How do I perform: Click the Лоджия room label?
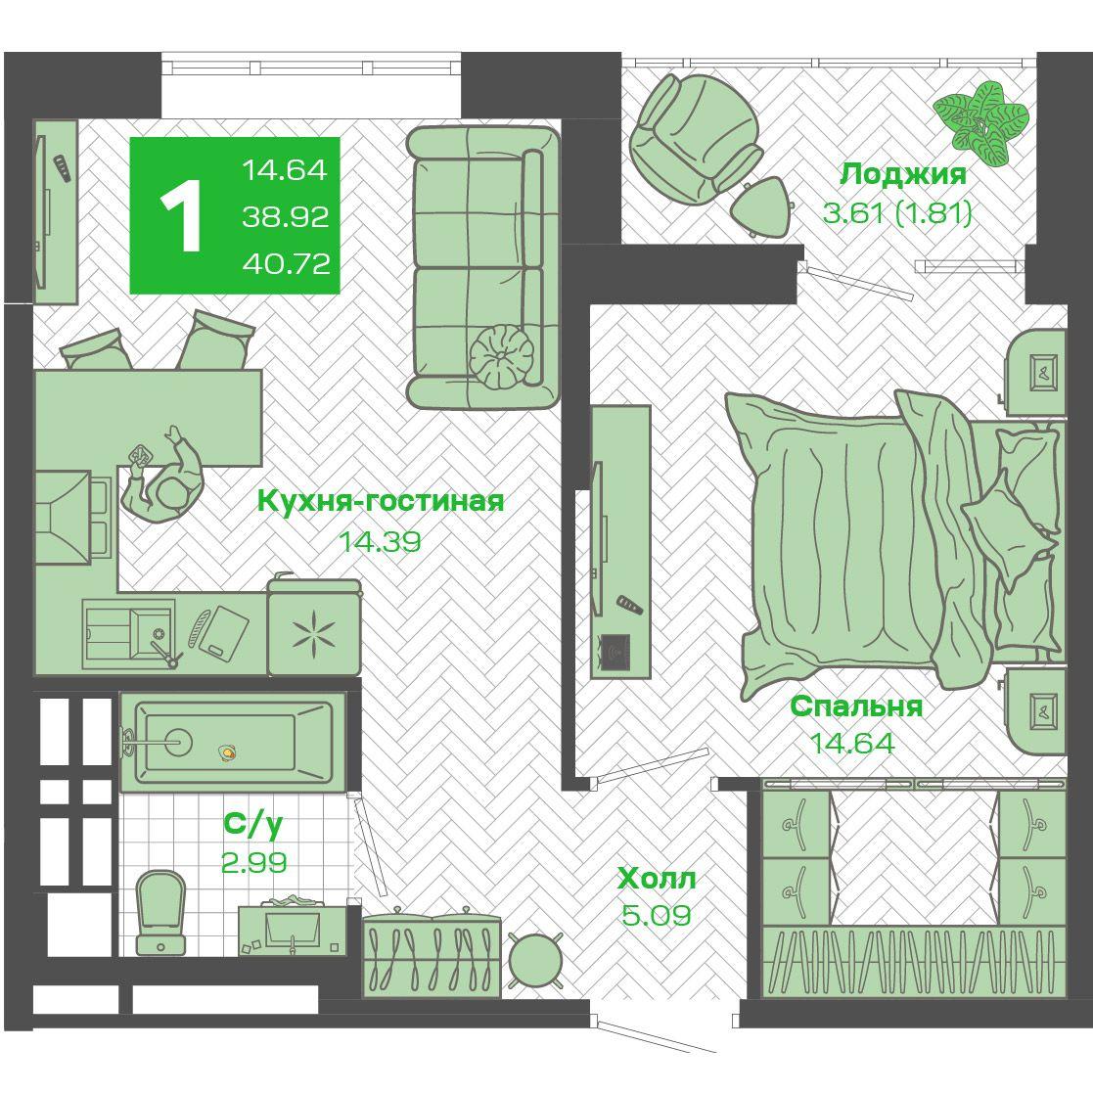pos(903,174)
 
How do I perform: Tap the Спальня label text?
pos(856,706)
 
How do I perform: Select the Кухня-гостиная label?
pos(381,500)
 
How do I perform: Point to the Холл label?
pos(657,879)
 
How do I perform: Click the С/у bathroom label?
pos(253,824)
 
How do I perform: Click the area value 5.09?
pos(657,915)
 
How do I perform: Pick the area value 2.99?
pos(253,863)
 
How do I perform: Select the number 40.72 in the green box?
pos(286,263)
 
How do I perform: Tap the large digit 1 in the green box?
pos(181,215)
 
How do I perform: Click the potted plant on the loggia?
pos(980,123)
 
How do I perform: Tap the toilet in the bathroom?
pos(161,912)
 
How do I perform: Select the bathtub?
pos(234,742)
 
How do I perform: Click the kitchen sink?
pos(128,634)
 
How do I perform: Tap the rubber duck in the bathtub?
pos(227,752)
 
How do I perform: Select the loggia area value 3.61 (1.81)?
pos(898,212)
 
